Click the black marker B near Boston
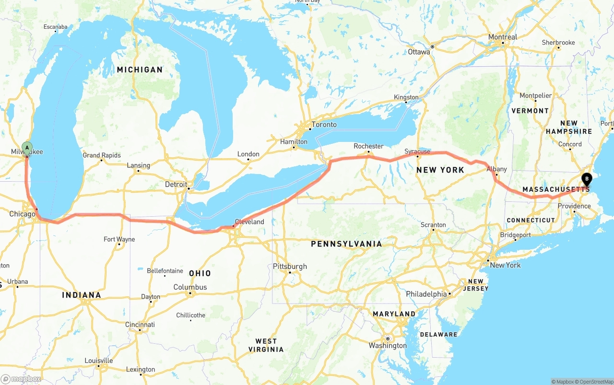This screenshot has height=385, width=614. (x=587, y=180)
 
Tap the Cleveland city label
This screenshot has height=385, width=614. (x=249, y=222)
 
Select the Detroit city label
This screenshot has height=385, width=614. (x=176, y=184)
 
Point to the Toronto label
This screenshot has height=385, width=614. (x=324, y=125)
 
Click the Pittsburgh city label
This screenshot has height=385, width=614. (x=290, y=267)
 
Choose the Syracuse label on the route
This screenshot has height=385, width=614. (x=417, y=152)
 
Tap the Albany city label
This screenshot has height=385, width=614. (x=496, y=169)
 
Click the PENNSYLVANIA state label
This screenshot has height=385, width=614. (x=347, y=244)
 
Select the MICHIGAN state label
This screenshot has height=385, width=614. (x=140, y=70)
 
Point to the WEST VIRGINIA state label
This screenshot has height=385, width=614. (x=266, y=345)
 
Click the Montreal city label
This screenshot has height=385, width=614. (x=503, y=37)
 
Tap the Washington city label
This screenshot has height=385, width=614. (x=388, y=346)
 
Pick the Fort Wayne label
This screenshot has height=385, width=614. (x=119, y=239)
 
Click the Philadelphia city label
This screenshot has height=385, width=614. (x=426, y=294)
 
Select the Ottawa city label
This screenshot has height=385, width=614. (x=419, y=52)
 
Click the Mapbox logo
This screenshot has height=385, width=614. (x=21, y=379)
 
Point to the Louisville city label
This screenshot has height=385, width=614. (x=99, y=361)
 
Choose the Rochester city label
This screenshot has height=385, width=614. (x=368, y=146)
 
